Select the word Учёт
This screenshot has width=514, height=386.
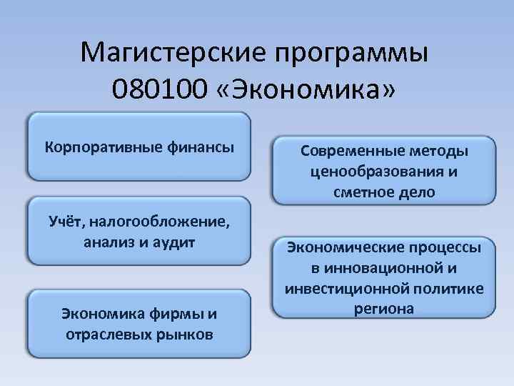click(65, 222)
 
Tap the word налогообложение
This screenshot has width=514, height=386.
click(163, 222)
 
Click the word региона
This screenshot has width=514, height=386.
click(383, 309)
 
